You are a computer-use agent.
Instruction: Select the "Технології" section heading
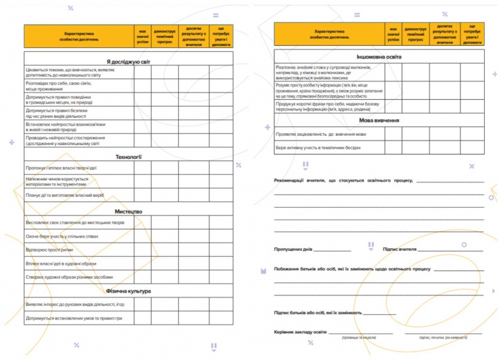pos(128,157)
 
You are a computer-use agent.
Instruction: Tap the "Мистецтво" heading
pos(128,211)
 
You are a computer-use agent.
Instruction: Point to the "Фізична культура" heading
pos(128,291)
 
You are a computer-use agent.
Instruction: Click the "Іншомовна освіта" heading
pos(378,57)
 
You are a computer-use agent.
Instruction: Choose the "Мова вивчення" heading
pos(378,121)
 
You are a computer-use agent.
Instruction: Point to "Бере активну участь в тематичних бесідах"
pos(319,147)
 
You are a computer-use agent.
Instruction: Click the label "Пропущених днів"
pos(293,250)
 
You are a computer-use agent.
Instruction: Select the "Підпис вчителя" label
pos(400,250)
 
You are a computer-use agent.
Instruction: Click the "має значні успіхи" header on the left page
pos(142,35)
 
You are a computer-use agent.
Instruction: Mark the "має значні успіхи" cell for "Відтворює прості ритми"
pos(142,250)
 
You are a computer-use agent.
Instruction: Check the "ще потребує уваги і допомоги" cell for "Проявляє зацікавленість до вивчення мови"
pos(473,134)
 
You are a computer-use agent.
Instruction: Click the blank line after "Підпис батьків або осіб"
pos(379,313)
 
